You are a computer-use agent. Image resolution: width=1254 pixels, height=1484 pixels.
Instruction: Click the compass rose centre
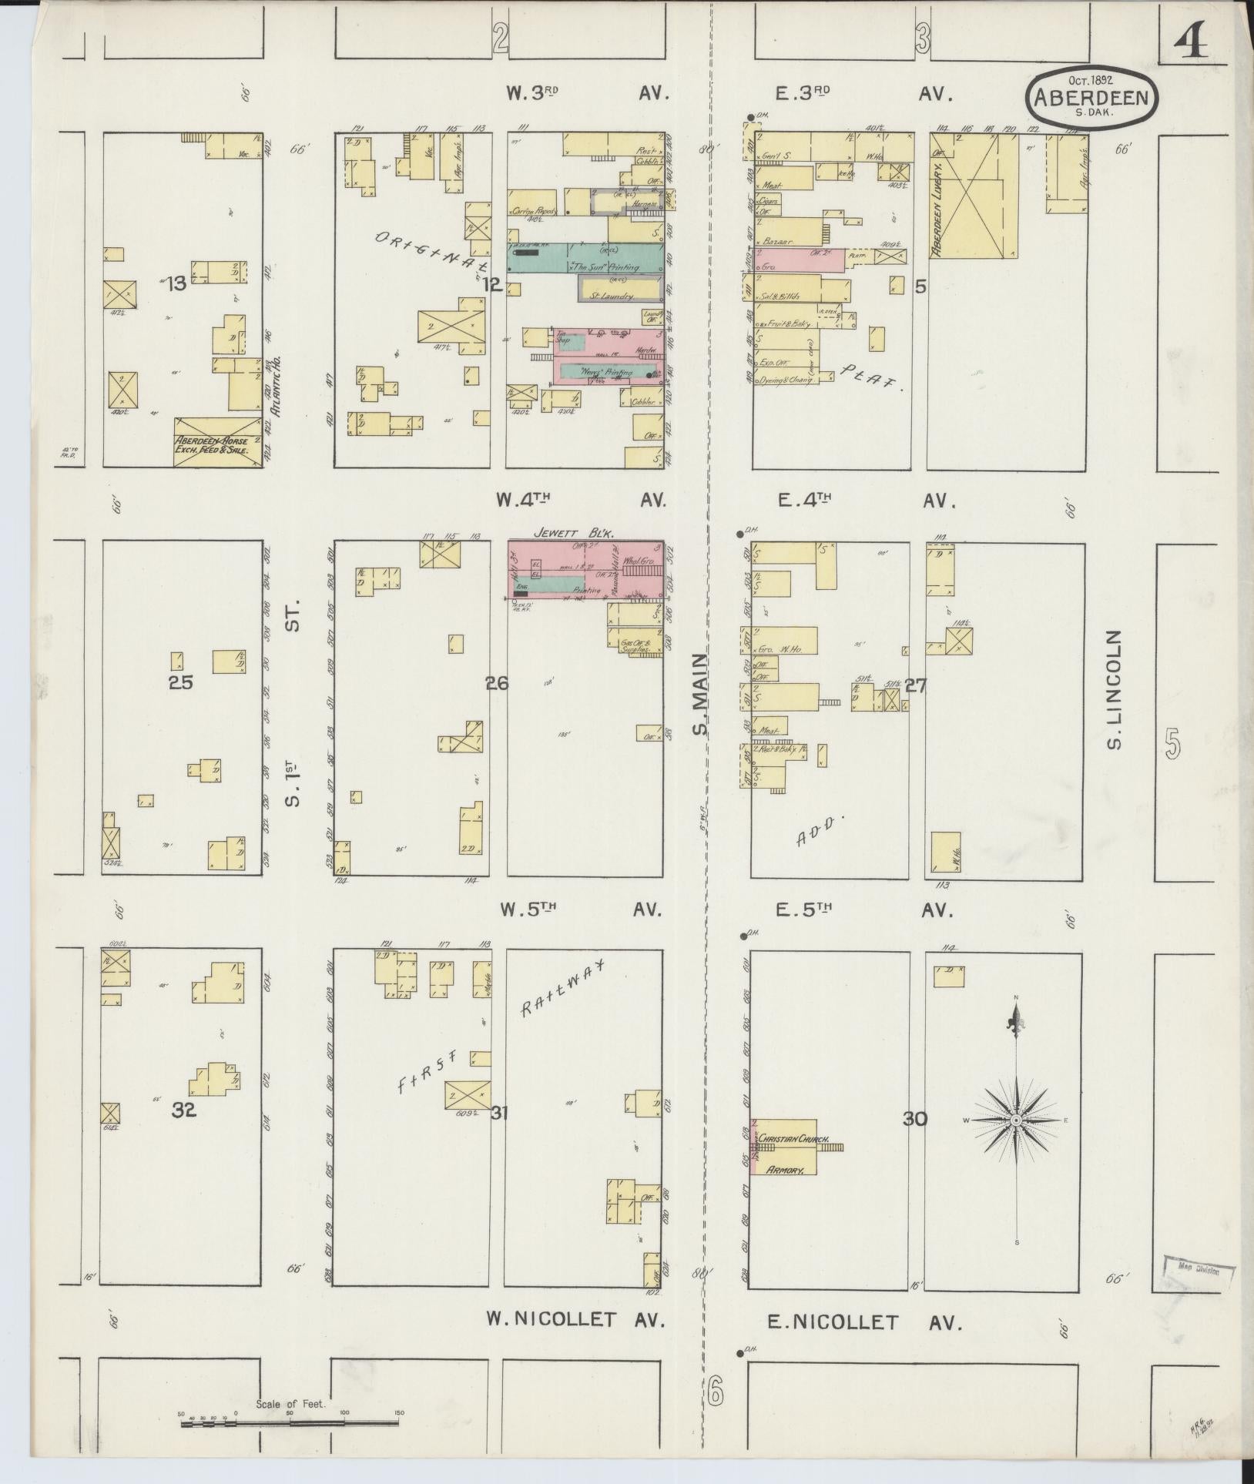(1016, 1120)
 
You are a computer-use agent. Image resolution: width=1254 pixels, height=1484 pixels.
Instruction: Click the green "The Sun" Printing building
(585, 257)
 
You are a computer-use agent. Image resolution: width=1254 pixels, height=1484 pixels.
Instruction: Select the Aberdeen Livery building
(972, 196)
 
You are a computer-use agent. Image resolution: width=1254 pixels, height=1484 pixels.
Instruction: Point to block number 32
(184, 1111)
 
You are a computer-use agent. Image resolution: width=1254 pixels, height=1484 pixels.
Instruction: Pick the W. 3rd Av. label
(586, 94)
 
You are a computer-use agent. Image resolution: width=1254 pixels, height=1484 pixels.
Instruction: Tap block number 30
(914, 1119)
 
